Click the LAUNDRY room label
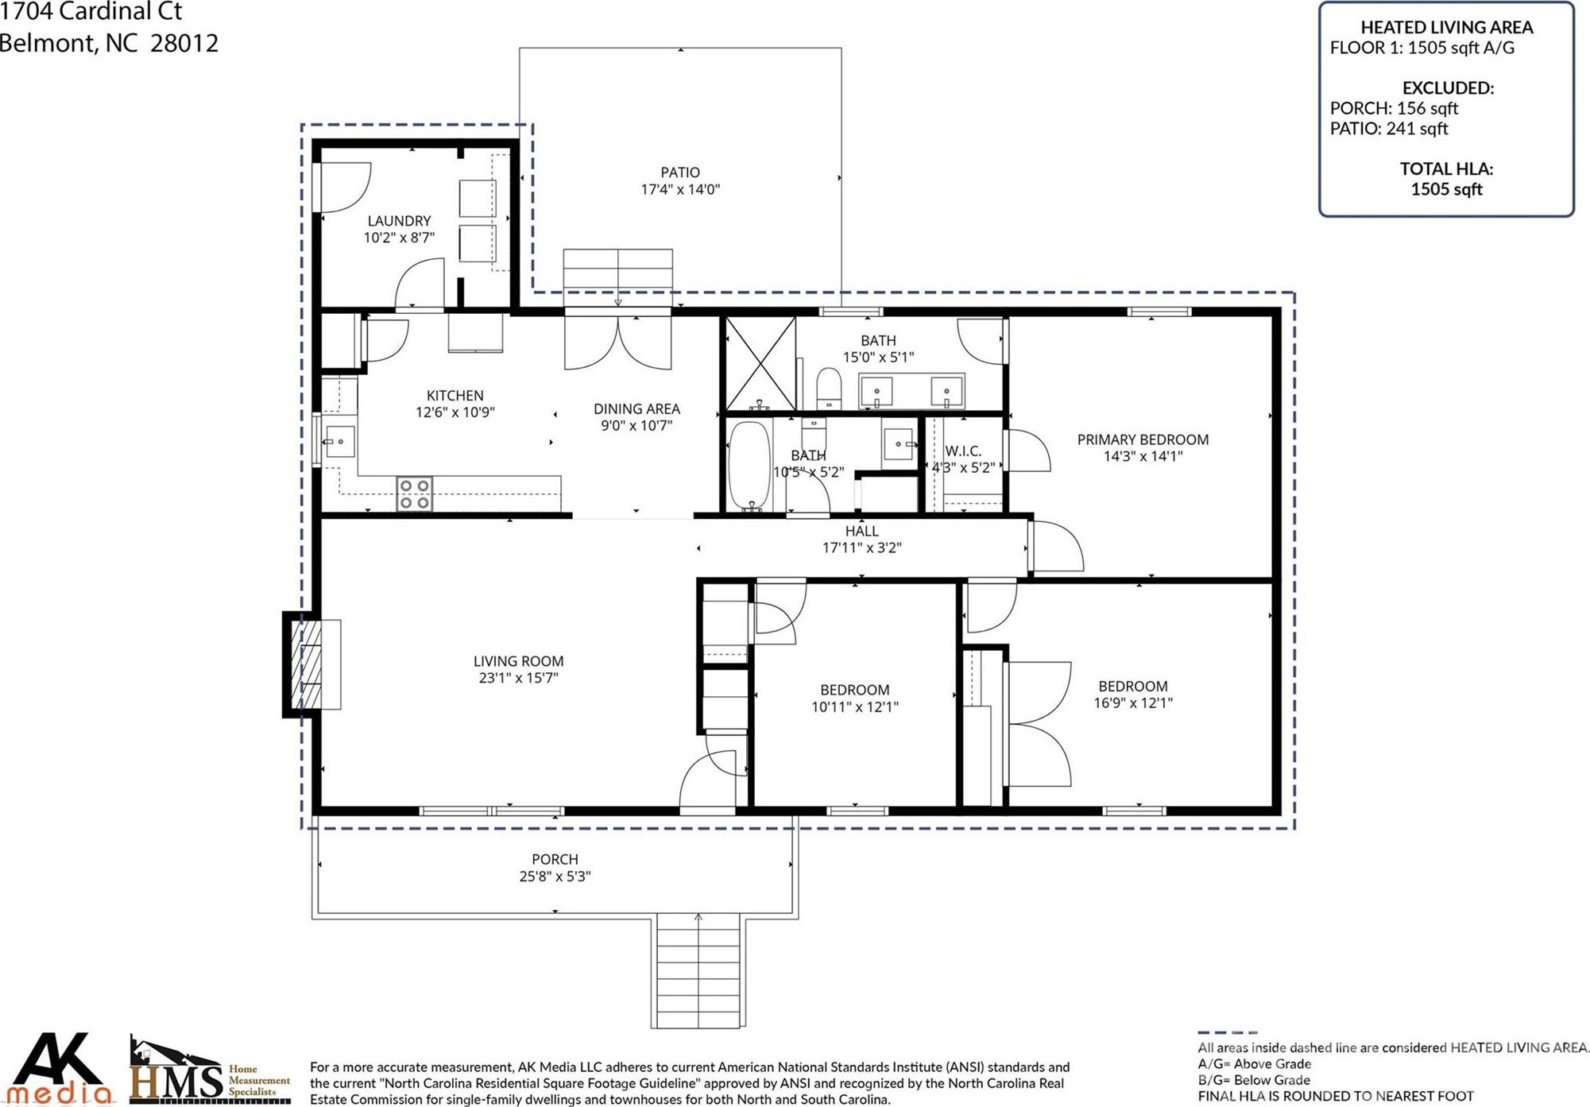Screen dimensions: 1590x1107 pos(399,221)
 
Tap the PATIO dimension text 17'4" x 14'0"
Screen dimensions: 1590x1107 pos(680,189)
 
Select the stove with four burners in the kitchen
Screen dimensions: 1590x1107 pos(415,494)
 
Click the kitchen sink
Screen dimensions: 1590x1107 pos(340,441)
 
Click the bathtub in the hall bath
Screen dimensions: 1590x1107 pos(749,466)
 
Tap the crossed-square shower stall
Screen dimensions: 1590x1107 pos(760,364)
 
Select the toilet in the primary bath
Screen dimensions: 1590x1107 pos(829,388)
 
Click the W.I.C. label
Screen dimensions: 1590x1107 pos(963,451)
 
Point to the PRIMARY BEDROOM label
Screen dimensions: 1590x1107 pos(1143,439)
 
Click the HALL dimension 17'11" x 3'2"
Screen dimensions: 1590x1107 pos(861,548)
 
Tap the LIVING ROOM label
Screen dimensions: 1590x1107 pos(518,661)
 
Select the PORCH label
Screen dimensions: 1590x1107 pos(555,859)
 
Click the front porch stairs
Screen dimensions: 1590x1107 pos(698,970)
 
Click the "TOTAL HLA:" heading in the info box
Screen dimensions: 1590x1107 pos(1446,168)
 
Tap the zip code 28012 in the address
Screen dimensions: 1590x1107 pos(184,43)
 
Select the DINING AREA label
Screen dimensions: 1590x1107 pos(636,408)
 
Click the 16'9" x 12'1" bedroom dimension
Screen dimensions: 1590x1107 pos(1133,703)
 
